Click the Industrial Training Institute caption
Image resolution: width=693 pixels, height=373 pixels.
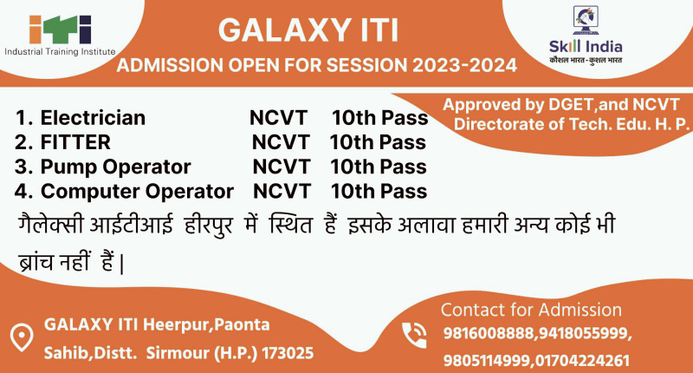pyautogui.click(x=59, y=53)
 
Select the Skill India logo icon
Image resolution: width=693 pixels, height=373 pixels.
pyautogui.click(x=586, y=21)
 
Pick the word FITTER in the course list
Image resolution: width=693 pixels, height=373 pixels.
pyautogui.click(x=76, y=141)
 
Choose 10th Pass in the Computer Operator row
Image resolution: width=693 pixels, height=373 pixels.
pyautogui.click(x=379, y=190)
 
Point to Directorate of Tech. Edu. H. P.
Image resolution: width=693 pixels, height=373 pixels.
pyautogui.click(x=572, y=124)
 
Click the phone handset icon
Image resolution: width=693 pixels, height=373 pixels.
pyautogui.click(x=415, y=334)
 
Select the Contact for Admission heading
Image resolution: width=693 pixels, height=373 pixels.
pyautogui.click(x=531, y=310)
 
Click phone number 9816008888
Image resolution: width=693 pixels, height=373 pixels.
pyautogui.click(x=489, y=335)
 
